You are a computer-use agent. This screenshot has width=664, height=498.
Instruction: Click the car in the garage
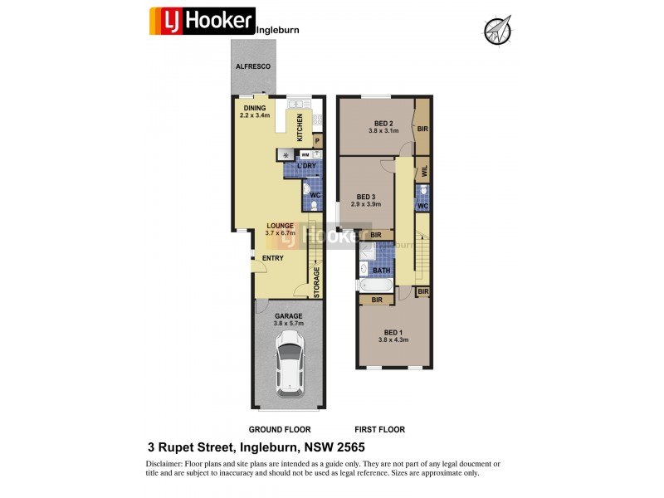pyautogui.click(x=289, y=362)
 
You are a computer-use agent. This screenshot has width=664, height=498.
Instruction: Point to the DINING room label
pyautogui.click(x=254, y=107)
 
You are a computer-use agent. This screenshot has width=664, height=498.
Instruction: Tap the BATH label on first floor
pyautogui.click(x=381, y=271)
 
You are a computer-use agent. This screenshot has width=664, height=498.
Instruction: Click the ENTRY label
pyautogui.click(x=272, y=258)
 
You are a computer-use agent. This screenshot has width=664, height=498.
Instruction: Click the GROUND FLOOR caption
pyautogui.click(x=280, y=430)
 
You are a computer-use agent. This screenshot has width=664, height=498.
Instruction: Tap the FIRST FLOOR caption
pyautogui.click(x=379, y=430)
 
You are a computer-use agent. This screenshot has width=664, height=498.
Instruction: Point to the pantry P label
pyautogui.click(x=316, y=141)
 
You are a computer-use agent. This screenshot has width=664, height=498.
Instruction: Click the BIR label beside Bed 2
pyautogui.click(x=422, y=129)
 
